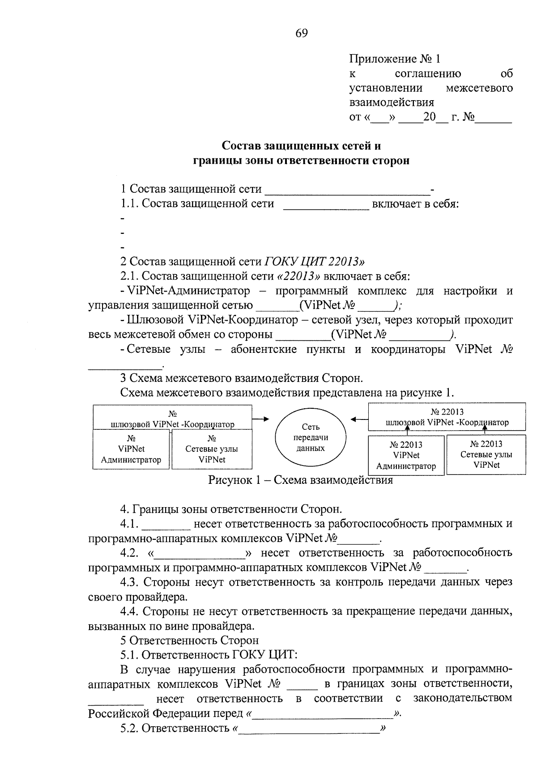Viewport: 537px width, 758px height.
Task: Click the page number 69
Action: click(x=302, y=33)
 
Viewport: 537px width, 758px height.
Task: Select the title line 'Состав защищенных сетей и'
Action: click(x=302, y=146)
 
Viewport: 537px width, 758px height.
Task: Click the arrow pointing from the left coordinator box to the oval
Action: click(x=260, y=419)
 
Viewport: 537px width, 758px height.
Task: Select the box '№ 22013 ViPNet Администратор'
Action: click(x=406, y=455)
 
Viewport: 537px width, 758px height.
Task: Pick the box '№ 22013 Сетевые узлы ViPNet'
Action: click(x=486, y=454)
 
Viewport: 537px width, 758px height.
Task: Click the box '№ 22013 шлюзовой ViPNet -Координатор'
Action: click(x=447, y=417)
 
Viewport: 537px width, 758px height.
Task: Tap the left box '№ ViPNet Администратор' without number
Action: click(x=131, y=449)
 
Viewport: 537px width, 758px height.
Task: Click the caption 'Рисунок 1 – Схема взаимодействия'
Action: click(x=300, y=480)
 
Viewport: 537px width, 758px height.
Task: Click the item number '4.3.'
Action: click(x=130, y=582)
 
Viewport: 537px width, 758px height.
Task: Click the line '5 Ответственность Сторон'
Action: click(x=189, y=640)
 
